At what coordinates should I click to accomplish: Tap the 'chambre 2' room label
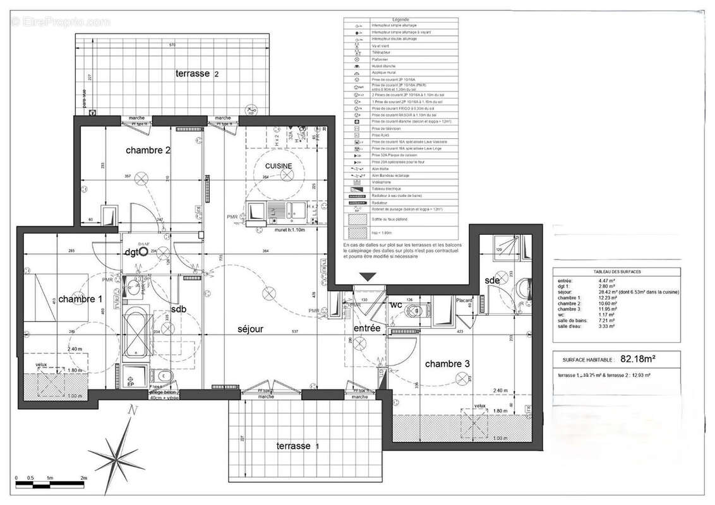point(148,150)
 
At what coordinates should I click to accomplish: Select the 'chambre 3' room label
point(447,364)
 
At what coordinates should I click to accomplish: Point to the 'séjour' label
point(250,329)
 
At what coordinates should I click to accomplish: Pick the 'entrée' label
point(367,328)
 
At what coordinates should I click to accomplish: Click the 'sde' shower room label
point(493,280)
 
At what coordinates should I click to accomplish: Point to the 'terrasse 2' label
point(197,74)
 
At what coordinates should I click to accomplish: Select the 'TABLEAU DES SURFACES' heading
point(616,271)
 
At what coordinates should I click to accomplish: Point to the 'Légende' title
point(400,20)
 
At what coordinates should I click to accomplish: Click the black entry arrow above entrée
point(368,276)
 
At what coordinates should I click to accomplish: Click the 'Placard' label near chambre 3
point(465,301)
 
